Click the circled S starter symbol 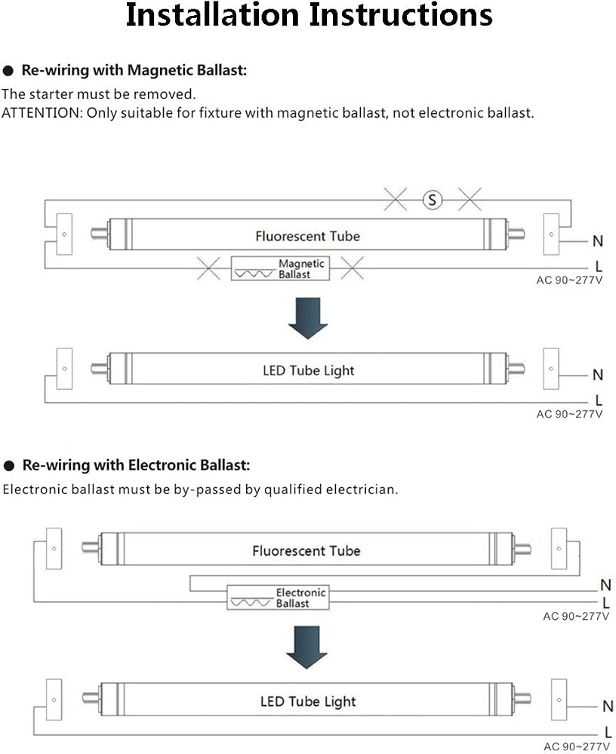(x=432, y=200)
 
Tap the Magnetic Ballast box (x=280, y=268)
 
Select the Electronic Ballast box (x=278, y=597)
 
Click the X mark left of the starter (x=396, y=199)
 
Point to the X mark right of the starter (x=470, y=199)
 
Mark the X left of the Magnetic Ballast (x=208, y=268)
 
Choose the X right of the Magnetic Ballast (x=352, y=268)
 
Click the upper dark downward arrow (x=308, y=318)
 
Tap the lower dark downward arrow (x=306, y=647)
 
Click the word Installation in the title (x=212, y=15)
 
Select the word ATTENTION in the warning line (x=42, y=112)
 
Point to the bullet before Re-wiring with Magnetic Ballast (x=8, y=71)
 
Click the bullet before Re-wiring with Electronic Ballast (x=9, y=465)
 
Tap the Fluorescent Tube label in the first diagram (x=308, y=236)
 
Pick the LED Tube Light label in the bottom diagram (x=308, y=701)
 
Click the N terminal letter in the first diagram (x=598, y=241)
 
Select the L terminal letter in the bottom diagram (x=608, y=732)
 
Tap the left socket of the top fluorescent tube (x=64, y=234)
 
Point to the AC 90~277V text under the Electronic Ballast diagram (x=576, y=616)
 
